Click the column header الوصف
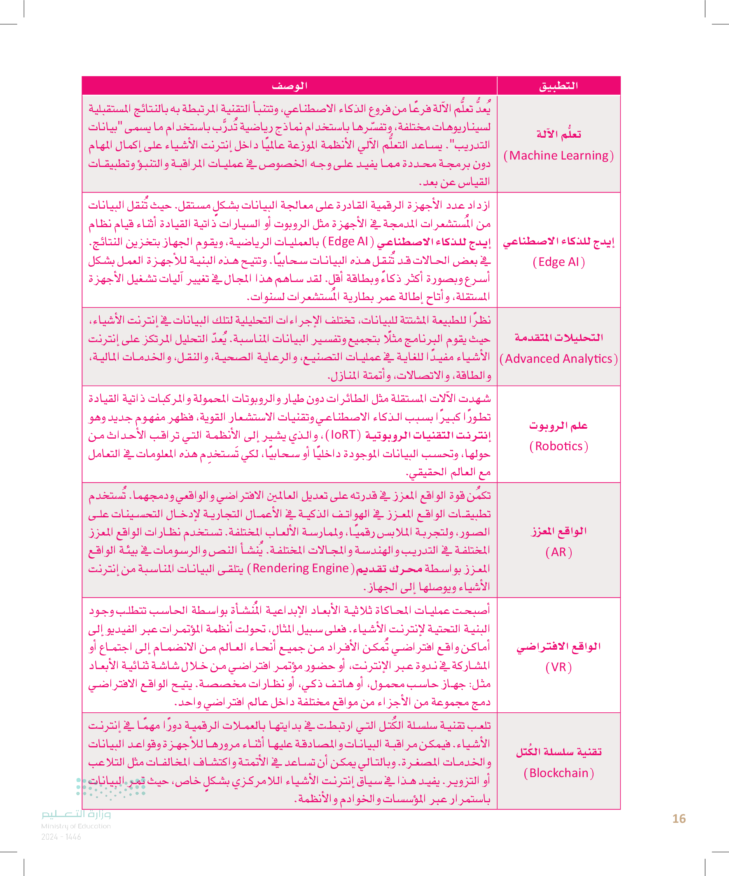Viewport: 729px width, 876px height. (x=289, y=86)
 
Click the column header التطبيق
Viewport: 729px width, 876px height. (x=558, y=86)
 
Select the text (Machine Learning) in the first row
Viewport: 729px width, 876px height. (x=558, y=155)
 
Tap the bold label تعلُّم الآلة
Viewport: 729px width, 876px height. (x=558, y=134)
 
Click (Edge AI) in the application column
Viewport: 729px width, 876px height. (x=558, y=262)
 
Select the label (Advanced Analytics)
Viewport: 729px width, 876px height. (x=558, y=359)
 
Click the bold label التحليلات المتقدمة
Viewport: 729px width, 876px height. (x=558, y=338)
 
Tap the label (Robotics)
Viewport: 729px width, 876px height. (x=558, y=446)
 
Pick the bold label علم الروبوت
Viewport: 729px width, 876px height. (x=558, y=425)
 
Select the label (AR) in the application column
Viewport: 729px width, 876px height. (x=558, y=552)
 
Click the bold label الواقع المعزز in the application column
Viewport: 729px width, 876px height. (x=558, y=531)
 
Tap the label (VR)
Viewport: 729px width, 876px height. (x=558, y=667)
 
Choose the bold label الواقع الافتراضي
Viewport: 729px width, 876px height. (x=558, y=646)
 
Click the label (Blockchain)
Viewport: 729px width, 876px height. (x=558, y=773)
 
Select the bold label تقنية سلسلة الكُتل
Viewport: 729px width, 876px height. (x=558, y=752)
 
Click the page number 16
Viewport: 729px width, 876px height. (x=679, y=819)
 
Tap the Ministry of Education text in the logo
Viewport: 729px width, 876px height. (x=76, y=826)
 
